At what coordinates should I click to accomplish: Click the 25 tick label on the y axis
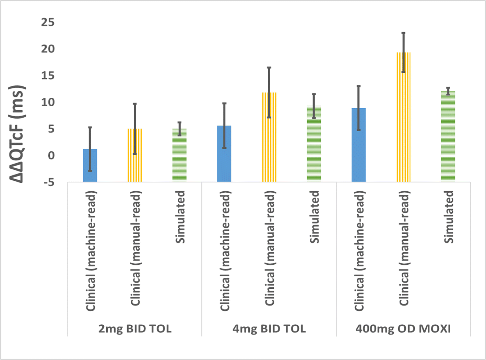[x=48, y=22]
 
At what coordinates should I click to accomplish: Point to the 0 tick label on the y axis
[x=51, y=156]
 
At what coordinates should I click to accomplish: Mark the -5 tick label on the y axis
[x=49, y=182]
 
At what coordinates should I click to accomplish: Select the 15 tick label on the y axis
[x=48, y=76]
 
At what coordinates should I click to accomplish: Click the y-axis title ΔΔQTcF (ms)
[x=16, y=134]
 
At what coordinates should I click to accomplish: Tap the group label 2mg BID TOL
[x=135, y=329]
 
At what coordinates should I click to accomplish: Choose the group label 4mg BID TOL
[x=269, y=329]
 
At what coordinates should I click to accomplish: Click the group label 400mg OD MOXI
[x=403, y=329]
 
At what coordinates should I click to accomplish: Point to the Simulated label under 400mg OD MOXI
[x=449, y=217]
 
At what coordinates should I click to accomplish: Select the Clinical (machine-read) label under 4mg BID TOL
[x=225, y=251]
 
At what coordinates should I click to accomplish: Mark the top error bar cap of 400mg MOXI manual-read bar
[x=403, y=33]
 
